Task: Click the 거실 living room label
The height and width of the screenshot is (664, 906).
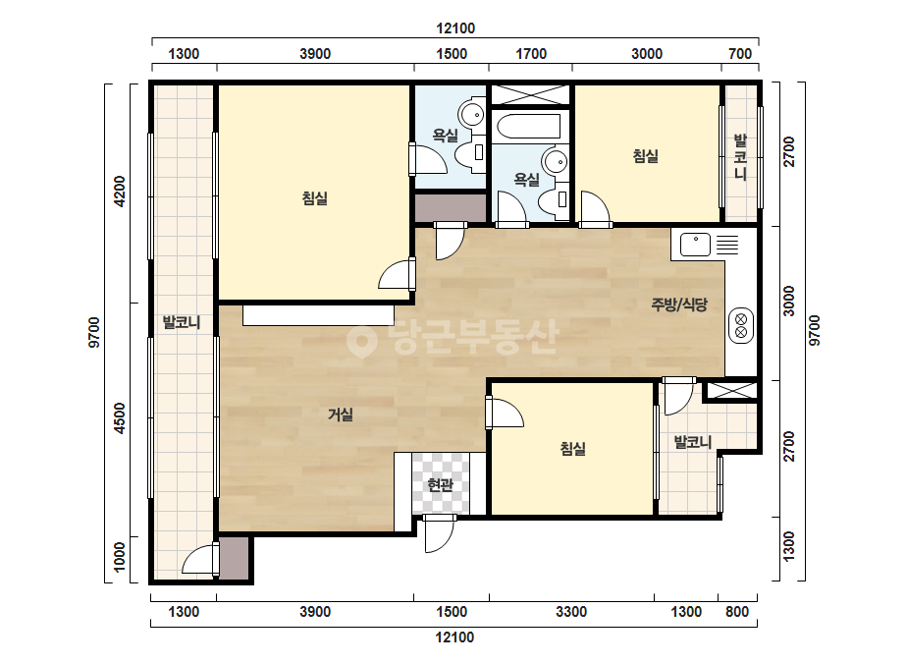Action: click(341, 415)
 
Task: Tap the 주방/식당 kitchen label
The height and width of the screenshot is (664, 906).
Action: click(679, 304)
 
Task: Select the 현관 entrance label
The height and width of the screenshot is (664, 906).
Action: click(441, 484)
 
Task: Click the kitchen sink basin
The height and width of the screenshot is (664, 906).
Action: click(695, 245)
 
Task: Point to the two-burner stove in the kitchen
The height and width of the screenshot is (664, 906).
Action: click(741, 326)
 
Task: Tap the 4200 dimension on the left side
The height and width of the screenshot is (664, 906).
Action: click(120, 192)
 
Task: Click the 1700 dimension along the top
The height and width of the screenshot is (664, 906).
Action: click(531, 54)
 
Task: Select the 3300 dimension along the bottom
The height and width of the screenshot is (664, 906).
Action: click(571, 611)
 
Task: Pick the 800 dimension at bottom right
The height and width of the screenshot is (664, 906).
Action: click(737, 611)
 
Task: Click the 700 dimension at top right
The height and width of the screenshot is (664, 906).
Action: click(740, 54)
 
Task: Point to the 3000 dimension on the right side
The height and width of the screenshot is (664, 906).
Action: click(789, 302)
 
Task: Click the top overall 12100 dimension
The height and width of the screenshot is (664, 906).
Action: click(455, 28)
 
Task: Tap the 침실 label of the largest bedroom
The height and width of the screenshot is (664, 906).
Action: click(315, 198)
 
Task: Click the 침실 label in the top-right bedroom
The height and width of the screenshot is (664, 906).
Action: click(646, 156)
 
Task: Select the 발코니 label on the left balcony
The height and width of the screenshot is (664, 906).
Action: click(182, 322)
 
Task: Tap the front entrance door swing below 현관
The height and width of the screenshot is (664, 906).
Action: click(440, 534)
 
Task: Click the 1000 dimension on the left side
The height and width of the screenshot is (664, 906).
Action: click(120, 557)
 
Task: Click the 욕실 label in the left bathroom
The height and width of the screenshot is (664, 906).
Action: click(446, 136)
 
